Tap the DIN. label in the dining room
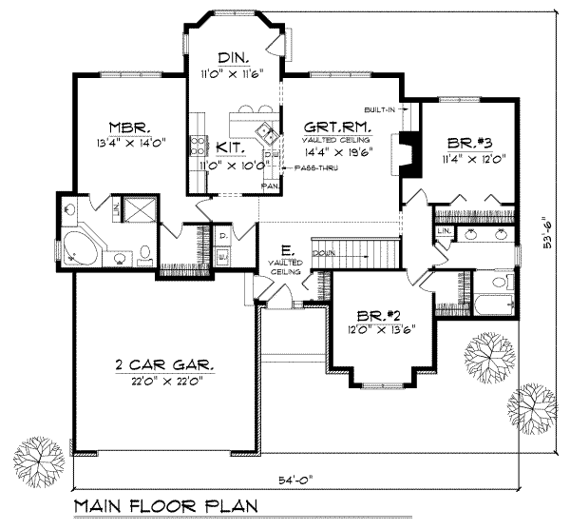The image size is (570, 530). pos(232,57)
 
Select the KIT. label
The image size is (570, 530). pos(229,147)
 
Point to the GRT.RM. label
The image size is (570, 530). pos(337,127)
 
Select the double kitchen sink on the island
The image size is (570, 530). pos(263,131)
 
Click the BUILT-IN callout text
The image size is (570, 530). pos(378,108)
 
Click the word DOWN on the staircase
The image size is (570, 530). pos(323,253)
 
